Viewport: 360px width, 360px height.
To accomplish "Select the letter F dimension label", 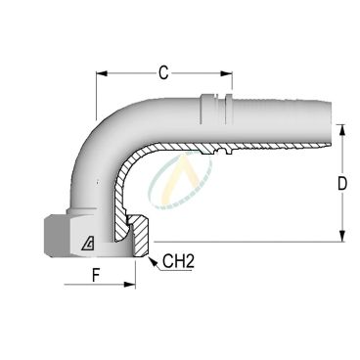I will (95, 274).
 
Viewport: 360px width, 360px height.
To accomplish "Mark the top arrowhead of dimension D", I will (341, 129).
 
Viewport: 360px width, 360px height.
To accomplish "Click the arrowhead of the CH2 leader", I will (148, 256).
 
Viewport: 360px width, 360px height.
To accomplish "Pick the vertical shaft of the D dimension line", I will (341, 183).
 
